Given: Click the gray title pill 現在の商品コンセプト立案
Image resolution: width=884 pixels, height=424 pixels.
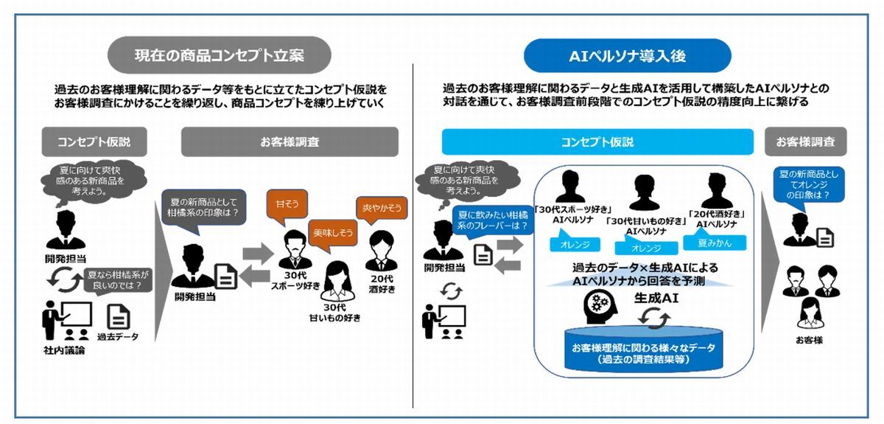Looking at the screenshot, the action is pyautogui.click(x=219, y=55).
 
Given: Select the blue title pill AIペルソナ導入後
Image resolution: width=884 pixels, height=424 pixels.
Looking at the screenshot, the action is pyautogui.click(x=628, y=56).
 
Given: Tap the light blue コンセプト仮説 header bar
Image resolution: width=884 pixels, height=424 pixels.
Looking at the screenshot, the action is pyautogui.click(x=597, y=142).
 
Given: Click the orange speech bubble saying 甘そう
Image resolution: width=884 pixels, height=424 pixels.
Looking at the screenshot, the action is pyautogui.click(x=287, y=206).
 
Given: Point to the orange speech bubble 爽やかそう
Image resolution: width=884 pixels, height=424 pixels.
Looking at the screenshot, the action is pyautogui.click(x=382, y=209).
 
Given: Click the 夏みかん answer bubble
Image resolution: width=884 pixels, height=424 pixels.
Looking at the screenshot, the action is pyautogui.click(x=715, y=242).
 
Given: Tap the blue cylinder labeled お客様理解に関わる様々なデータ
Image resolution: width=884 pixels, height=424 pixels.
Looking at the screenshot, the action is pyautogui.click(x=644, y=350).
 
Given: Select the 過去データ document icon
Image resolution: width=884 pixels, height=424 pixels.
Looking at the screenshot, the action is pyautogui.click(x=119, y=316).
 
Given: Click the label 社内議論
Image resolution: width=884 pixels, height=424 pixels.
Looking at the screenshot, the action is pyautogui.click(x=64, y=350).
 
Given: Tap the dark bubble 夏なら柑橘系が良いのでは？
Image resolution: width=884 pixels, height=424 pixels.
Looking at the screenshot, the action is pyautogui.click(x=118, y=279).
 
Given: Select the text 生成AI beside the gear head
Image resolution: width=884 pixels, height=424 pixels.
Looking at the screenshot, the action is pyautogui.click(x=656, y=298).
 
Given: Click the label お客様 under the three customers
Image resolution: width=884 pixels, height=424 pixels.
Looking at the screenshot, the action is pyautogui.click(x=809, y=340).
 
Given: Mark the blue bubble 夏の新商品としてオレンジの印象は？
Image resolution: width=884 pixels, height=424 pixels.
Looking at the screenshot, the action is pyautogui.click(x=809, y=185).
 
